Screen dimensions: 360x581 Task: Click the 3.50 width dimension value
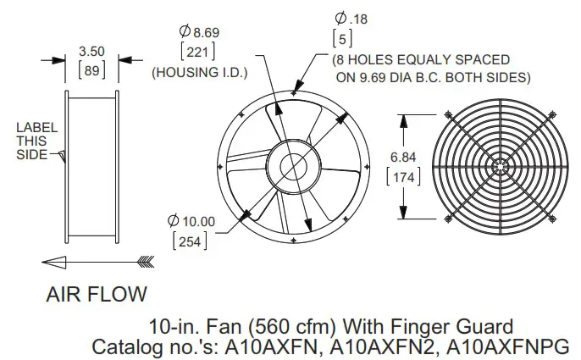[91, 52]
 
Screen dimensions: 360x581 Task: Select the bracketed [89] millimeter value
[91, 69]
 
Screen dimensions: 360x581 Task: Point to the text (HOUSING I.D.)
[198, 74]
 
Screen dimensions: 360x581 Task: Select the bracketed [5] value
[343, 39]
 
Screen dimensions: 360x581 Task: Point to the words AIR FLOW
[97, 295]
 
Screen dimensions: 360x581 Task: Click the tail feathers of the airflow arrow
[145, 261]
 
